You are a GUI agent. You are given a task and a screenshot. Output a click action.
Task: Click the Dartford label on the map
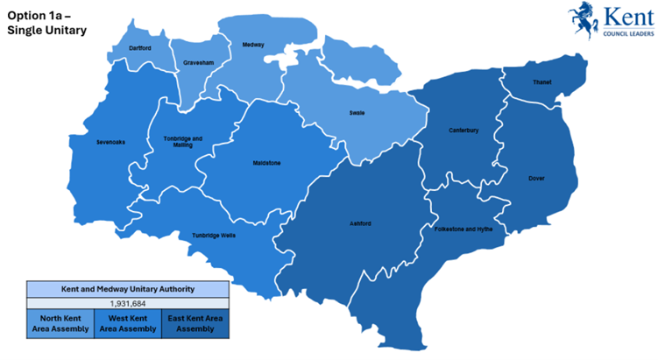[140, 48]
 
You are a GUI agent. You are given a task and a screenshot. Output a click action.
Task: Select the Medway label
[253, 44]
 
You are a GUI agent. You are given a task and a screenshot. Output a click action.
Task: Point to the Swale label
[357, 113]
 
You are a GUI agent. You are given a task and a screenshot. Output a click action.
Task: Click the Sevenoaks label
[111, 141]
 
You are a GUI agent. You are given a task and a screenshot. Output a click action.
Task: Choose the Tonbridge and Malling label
[182, 141]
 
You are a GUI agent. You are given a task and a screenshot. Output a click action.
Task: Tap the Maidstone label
[266, 162]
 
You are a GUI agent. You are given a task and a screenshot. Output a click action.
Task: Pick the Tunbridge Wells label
[214, 235]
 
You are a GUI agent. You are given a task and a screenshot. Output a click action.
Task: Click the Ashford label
[360, 223]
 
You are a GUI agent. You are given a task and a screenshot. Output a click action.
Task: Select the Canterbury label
[463, 131]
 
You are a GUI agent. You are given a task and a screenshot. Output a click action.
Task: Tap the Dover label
[536, 178]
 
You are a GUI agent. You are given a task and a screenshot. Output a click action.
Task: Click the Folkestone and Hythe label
[463, 229]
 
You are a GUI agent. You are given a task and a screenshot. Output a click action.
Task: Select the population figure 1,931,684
[128, 302]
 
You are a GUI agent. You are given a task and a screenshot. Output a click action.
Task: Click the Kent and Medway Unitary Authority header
[128, 288]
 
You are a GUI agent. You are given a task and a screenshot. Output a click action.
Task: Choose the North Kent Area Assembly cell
[60, 323]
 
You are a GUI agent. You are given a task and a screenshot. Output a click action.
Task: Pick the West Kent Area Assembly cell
[128, 323]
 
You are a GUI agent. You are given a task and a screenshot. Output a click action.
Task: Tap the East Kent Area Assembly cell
[195, 323]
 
